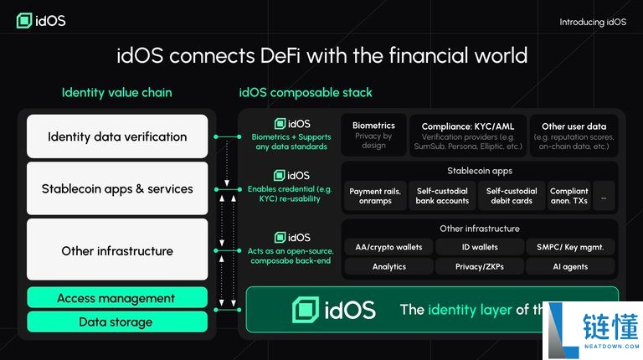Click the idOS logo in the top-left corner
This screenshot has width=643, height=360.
coord(40,20)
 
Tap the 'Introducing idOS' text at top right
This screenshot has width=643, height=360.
coord(592,22)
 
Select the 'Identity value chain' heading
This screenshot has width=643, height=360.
coord(116,92)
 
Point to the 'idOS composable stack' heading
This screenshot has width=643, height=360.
coord(306,92)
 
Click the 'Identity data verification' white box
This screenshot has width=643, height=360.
coord(117,136)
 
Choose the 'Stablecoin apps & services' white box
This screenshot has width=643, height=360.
coord(117,189)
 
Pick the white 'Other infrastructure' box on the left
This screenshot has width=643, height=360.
coord(117,250)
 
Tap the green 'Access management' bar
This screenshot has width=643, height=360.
coord(116,298)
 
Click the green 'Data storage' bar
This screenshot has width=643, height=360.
coord(116,321)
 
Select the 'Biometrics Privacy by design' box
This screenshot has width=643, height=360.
coord(373,135)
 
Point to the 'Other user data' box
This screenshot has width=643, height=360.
coord(574,135)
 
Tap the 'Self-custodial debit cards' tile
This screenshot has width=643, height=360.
coord(512,196)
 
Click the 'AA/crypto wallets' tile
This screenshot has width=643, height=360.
coord(388,247)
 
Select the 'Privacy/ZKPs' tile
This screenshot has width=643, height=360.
coord(480,267)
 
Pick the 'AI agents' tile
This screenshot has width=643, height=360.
coord(569,267)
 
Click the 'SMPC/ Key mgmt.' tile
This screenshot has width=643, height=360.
coord(569,247)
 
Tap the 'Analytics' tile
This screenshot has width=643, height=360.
coord(388,267)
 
